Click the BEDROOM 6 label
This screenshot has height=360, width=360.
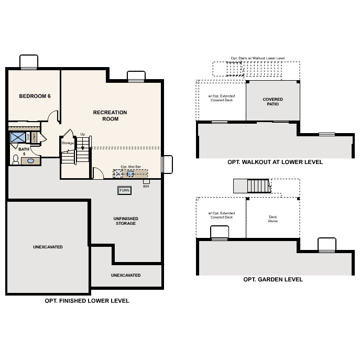click(x=35, y=96)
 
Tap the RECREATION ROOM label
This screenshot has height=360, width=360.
click(x=110, y=115)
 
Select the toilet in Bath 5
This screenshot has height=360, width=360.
click(x=15, y=160)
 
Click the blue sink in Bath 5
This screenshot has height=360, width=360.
click(x=31, y=161)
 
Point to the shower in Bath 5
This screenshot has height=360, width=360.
click(x=18, y=137)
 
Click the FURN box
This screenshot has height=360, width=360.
click(x=124, y=190)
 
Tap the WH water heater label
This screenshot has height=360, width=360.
click(x=146, y=186)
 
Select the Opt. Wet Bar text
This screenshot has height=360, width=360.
click(x=131, y=167)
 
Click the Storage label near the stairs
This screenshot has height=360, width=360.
click(x=68, y=143)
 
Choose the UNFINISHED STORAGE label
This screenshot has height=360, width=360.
click(x=125, y=221)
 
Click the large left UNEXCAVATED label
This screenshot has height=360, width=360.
click(x=48, y=247)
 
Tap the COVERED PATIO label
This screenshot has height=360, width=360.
click(x=272, y=102)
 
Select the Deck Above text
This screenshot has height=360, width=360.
click(x=273, y=219)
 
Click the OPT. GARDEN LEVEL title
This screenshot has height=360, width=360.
click(x=272, y=279)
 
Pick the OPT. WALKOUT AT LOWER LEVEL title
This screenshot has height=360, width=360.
click(x=275, y=162)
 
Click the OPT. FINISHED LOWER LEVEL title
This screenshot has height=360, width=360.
click(x=87, y=301)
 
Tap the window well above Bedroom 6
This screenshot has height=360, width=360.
click(x=28, y=62)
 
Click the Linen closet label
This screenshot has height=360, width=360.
click(x=35, y=137)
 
